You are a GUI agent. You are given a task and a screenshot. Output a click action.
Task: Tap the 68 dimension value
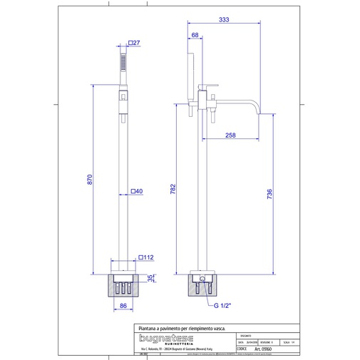pos(195,35)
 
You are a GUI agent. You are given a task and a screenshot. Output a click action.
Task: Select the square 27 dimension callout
pos(136,43)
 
